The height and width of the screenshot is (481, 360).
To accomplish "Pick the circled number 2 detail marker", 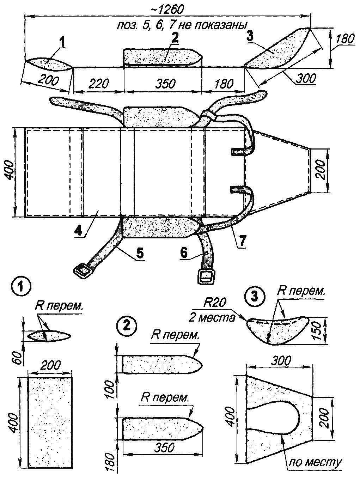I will tap(128, 326).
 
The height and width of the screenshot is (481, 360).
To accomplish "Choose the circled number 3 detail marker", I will tap(255, 295).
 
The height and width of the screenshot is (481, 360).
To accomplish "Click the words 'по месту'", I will tap(315, 462).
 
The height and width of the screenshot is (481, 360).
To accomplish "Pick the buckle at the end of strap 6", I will tap(206, 276).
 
